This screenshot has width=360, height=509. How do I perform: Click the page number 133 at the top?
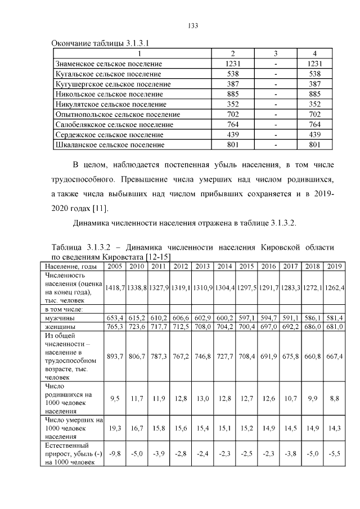click(191, 26)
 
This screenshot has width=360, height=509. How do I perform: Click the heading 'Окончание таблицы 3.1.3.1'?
click(100, 43)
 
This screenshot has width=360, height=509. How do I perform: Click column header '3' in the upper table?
click(276, 54)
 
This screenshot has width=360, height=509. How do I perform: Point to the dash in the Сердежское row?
click(276, 134)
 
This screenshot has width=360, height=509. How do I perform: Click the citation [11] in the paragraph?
click(100, 209)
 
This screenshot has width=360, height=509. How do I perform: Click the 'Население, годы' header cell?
click(71, 266)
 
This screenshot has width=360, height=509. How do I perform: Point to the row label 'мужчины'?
click(58, 318)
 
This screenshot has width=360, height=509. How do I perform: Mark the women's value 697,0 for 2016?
click(268, 326)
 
